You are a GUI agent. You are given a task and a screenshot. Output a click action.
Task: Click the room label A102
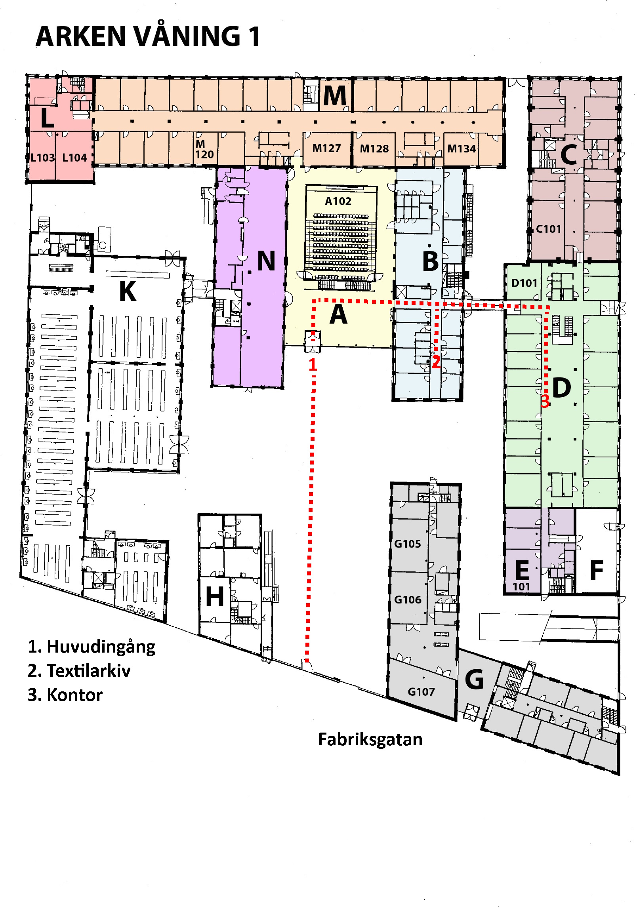[x=338, y=201]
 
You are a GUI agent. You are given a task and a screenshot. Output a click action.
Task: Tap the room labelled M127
[x=326, y=148]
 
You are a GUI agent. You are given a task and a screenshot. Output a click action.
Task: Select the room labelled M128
[x=374, y=149]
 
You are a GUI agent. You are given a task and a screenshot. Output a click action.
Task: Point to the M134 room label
[x=461, y=149]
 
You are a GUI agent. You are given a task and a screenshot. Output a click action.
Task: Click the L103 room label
[x=42, y=158]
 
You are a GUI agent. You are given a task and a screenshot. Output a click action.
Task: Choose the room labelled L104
[x=74, y=158]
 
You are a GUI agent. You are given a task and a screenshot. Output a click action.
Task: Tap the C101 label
[x=548, y=229]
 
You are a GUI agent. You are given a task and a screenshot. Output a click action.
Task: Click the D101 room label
[x=524, y=283]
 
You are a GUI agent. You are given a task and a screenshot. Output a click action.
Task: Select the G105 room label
[x=407, y=544]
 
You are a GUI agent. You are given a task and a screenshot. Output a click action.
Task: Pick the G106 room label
[x=408, y=600]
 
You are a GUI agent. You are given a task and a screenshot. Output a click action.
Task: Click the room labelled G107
[x=421, y=692]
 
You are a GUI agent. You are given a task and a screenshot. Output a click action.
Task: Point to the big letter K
[x=128, y=292]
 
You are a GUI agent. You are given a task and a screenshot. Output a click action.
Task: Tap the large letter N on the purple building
[x=266, y=261]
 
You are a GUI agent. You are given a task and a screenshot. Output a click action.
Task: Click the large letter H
[x=215, y=597]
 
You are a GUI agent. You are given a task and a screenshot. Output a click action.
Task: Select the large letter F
[x=596, y=571]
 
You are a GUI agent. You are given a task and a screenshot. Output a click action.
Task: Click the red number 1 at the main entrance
[x=313, y=365]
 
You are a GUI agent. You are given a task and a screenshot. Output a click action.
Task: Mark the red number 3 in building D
[x=545, y=401]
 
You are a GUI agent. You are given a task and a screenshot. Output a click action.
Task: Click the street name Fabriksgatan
[x=370, y=739]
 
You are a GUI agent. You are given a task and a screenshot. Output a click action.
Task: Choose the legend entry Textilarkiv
[x=88, y=671]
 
